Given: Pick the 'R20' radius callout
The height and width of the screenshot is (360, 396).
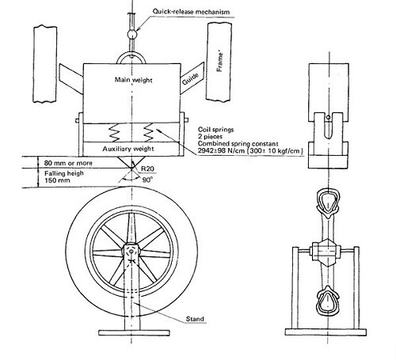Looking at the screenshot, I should tap(146, 169).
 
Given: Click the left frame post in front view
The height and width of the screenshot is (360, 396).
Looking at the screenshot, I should tap(45, 63).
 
